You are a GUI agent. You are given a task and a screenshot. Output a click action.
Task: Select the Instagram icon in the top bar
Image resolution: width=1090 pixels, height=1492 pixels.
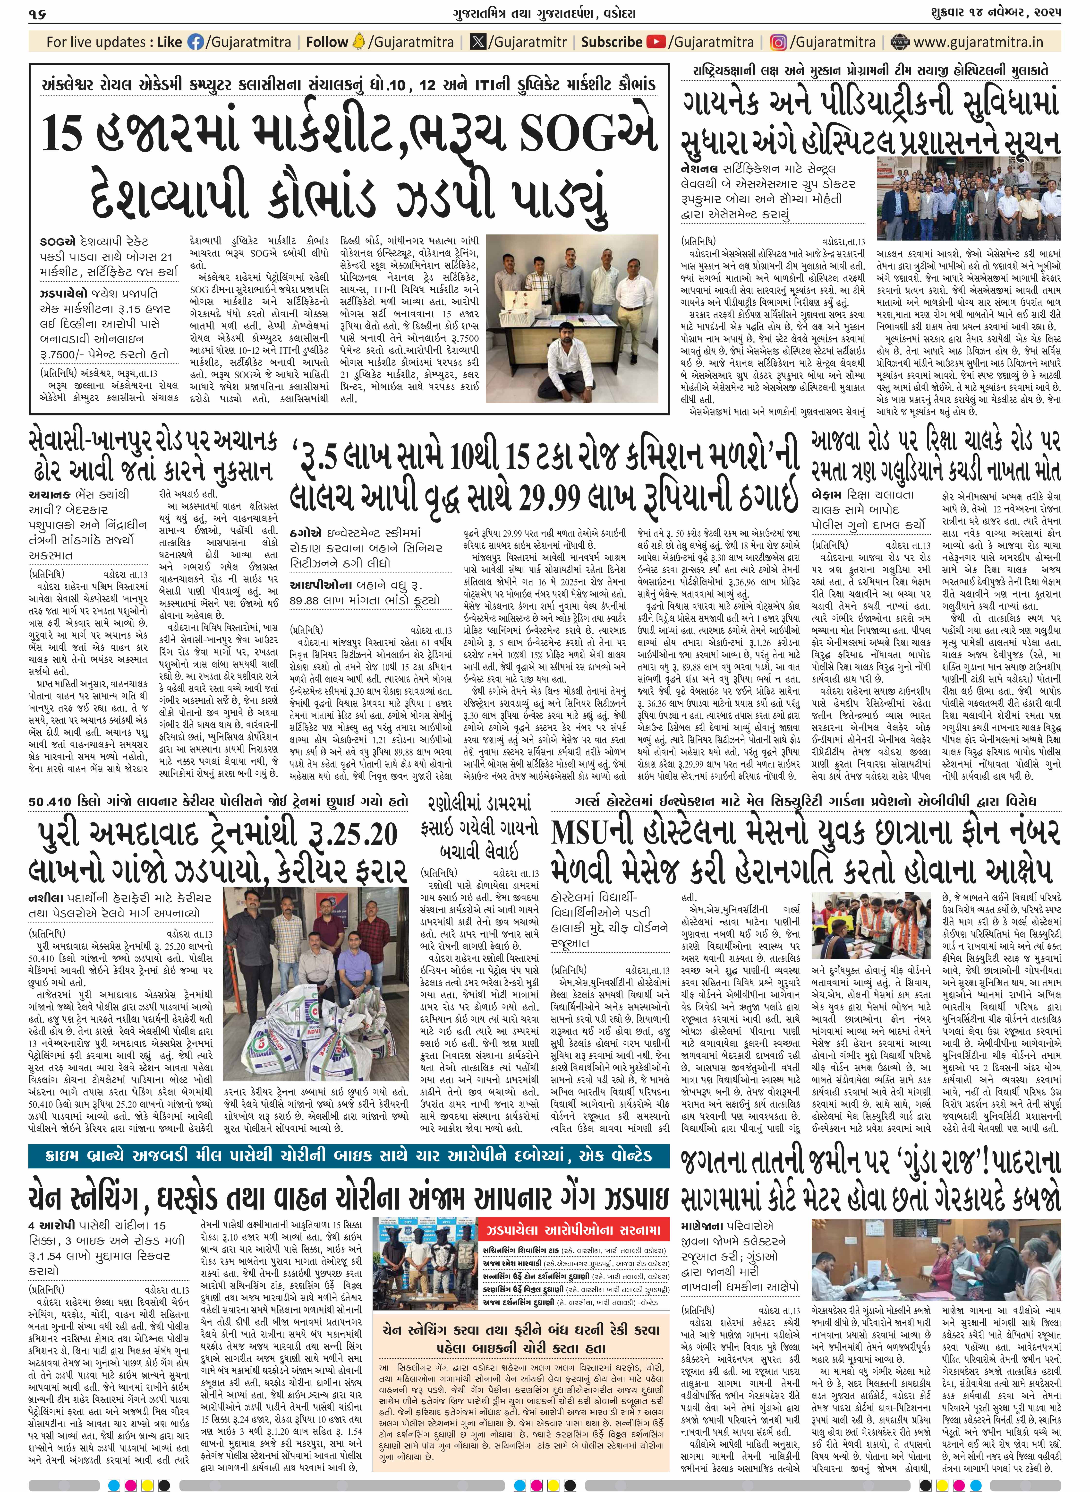pyautogui.click(x=779, y=42)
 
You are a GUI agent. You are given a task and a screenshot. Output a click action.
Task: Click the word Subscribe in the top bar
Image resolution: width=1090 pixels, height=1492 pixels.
pyautogui.click(x=611, y=42)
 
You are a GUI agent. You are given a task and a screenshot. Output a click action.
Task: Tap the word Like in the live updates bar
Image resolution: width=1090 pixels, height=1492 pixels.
pyautogui.click(x=170, y=42)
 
